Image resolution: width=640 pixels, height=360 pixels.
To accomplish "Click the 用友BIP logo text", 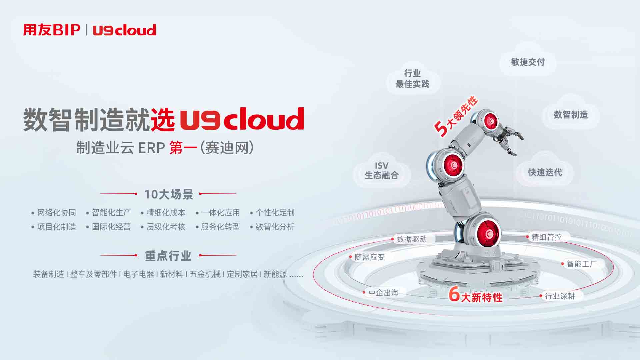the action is [x=52, y=30].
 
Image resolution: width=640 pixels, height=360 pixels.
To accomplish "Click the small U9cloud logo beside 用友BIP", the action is [x=124, y=30].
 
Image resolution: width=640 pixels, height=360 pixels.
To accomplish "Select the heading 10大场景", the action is [x=169, y=194].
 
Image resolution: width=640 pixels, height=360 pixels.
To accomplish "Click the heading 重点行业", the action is [x=168, y=256].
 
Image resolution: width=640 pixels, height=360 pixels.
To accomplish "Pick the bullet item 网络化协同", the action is [x=57, y=212].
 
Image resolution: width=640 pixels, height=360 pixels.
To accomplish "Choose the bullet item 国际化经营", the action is [x=111, y=227].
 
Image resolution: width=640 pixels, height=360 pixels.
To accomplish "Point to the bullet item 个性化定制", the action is [x=275, y=212].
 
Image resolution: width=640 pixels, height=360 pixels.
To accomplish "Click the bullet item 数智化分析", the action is [x=275, y=227].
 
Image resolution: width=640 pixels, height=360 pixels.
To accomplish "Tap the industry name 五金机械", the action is [x=205, y=274].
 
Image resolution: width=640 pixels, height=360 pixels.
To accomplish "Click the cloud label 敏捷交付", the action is [x=528, y=62].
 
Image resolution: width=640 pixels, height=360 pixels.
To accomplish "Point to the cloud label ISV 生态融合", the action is [x=382, y=171].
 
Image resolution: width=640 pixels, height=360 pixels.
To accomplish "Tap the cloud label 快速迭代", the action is [x=545, y=172].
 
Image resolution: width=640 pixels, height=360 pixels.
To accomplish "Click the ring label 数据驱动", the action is [x=412, y=239].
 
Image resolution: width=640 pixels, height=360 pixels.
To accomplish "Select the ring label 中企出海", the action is [x=384, y=293].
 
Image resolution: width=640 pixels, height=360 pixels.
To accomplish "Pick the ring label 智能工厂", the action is [x=582, y=264].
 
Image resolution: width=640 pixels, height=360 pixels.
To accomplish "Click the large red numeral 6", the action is [x=454, y=294].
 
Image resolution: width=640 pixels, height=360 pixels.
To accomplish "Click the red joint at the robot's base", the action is [x=488, y=233].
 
